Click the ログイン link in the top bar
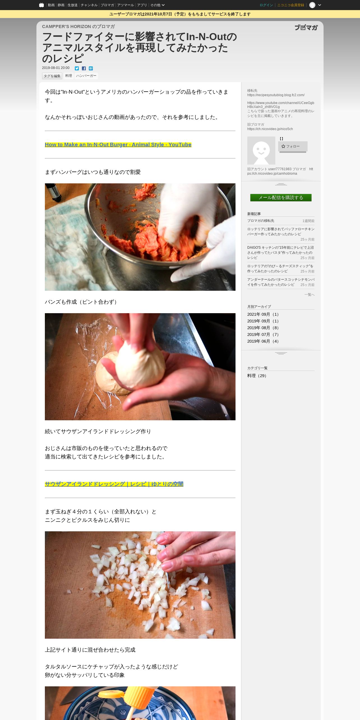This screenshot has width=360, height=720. (266, 5)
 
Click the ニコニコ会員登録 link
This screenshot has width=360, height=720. (291, 5)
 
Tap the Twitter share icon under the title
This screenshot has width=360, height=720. (77, 68)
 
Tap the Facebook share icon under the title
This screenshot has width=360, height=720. (84, 68)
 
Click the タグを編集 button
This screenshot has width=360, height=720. (52, 76)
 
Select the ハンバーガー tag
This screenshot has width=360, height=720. (86, 76)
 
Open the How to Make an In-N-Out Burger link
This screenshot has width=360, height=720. (118, 145)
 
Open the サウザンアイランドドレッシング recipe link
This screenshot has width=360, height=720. (114, 484)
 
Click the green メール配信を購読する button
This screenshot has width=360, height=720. (281, 198)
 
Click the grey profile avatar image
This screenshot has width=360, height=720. (261, 151)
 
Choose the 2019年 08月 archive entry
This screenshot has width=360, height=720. (263, 328)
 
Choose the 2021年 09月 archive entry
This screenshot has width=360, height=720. (263, 314)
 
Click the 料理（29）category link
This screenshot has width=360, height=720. (257, 376)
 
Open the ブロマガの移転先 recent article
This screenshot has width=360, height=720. (261, 221)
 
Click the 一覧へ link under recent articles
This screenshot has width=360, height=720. (310, 295)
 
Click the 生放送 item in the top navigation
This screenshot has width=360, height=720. (72, 5)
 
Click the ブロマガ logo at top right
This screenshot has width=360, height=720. (306, 27)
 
